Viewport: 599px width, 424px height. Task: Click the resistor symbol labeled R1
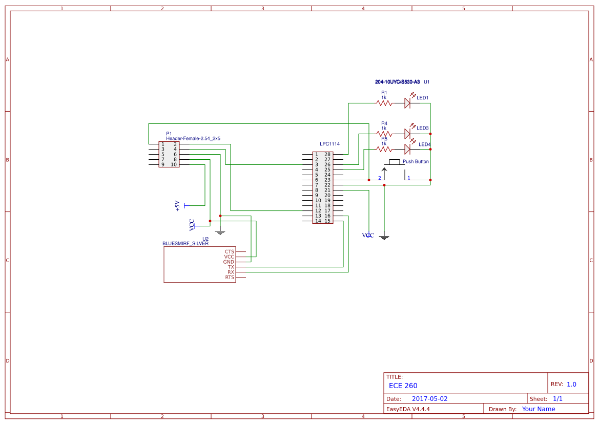[384, 103]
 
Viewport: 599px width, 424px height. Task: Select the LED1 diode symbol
[407, 103]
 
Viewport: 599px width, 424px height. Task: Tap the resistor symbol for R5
[384, 149]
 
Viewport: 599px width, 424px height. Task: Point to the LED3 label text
[422, 128]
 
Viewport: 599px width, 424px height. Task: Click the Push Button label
[416, 161]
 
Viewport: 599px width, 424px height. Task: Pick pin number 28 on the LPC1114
[327, 154]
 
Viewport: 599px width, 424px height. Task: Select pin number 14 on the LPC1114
[318, 221]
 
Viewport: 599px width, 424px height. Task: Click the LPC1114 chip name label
[329, 144]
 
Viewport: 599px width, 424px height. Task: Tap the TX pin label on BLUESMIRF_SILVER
[231, 267]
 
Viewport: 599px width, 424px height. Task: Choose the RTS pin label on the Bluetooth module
[230, 277]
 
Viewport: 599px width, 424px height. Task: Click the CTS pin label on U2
[229, 251]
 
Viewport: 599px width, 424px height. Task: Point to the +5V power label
[178, 205]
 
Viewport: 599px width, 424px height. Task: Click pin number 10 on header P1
[174, 164]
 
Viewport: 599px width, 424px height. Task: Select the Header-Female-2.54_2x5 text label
[193, 138]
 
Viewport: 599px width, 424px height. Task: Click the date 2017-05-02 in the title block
[429, 398]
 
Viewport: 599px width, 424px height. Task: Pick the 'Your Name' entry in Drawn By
[538, 409]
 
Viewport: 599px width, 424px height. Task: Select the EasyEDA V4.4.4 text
[408, 409]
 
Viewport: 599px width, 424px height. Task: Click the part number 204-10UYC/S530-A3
[397, 82]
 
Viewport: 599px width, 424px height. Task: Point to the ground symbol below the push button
[384, 237]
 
